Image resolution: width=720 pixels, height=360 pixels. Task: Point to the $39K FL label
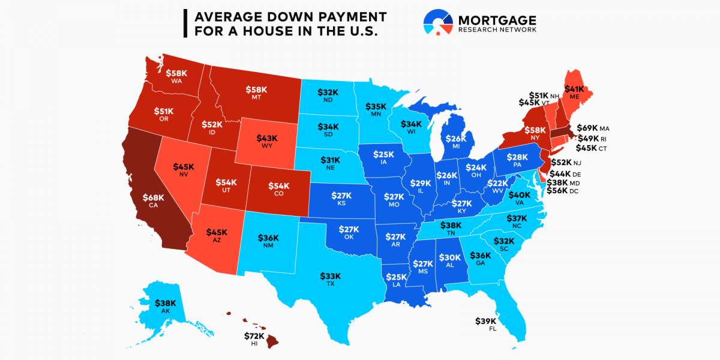coord(487,321)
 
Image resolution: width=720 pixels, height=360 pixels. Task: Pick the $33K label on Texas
coord(330,276)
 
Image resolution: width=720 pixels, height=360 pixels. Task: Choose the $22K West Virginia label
coord(497,183)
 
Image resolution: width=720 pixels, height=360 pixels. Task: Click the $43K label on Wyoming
coord(267,138)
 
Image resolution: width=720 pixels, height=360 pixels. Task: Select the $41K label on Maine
coord(574,89)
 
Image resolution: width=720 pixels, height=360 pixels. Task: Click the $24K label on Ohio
coord(476,167)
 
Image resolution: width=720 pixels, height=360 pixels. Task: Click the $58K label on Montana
coord(256,90)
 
